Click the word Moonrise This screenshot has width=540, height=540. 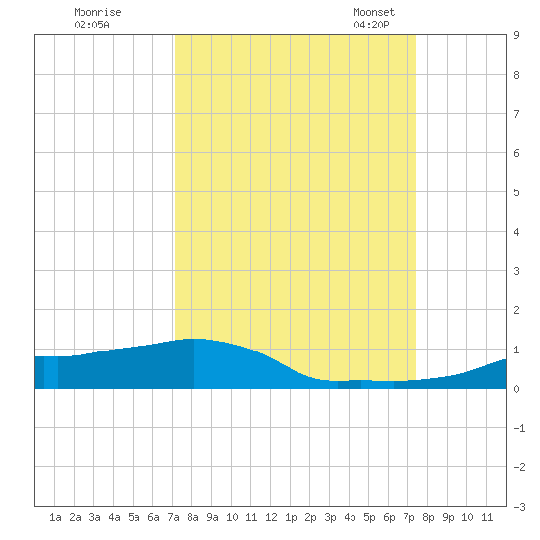(97, 12)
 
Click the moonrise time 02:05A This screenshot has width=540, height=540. (91, 25)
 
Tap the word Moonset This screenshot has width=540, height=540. (374, 12)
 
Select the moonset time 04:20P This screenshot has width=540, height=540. (371, 25)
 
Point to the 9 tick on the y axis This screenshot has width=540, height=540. (516, 35)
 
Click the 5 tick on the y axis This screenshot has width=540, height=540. (516, 192)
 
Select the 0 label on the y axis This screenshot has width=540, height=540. (516, 389)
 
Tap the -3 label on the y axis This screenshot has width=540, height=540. (519, 507)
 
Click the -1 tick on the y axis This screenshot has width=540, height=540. (519, 428)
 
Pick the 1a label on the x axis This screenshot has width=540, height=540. (55, 517)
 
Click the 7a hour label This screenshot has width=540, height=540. (173, 517)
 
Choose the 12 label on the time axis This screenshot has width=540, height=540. (271, 517)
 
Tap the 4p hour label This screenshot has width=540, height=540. (350, 517)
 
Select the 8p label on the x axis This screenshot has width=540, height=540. (428, 517)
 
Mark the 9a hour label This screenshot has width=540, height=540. (212, 517)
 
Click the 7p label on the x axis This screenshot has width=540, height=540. (408, 517)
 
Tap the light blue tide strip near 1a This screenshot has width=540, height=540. (51, 372)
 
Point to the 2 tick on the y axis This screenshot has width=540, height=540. (516, 310)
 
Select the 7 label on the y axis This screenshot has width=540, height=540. (516, 114)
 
